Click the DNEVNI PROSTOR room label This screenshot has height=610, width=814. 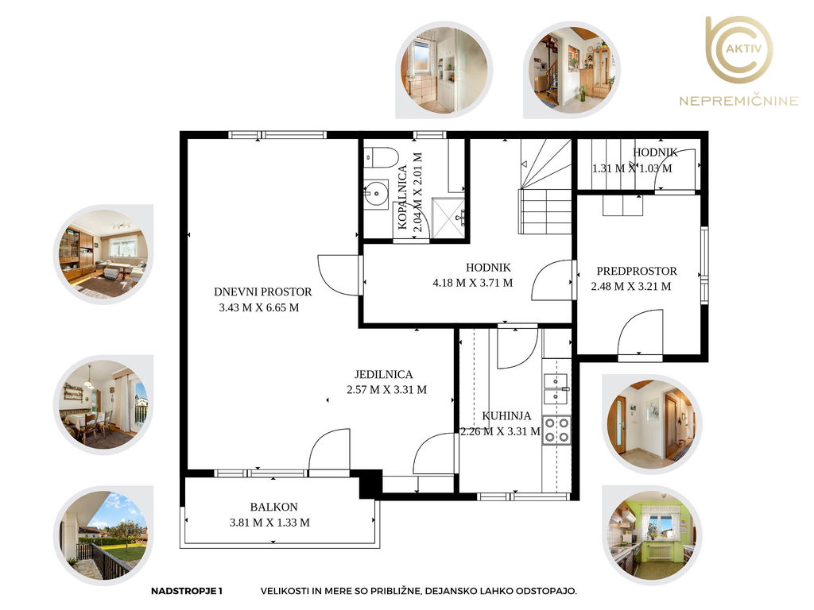tap(262, 291)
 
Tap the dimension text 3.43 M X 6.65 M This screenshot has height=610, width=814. tap(259, 307)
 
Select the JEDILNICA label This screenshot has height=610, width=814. tap(384, 374)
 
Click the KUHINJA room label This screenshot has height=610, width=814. tap(506, 415)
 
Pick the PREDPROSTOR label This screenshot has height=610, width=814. tap(637, 271)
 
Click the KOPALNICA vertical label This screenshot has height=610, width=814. tap(402, 197)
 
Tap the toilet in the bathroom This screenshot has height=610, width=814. tap(381, 157)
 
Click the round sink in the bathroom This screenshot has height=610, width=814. tap(376, 195)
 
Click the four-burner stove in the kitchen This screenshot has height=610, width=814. tap(556, 430)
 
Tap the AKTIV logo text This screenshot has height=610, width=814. tap(743, 48)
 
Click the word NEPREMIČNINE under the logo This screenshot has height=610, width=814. tap(738, 100)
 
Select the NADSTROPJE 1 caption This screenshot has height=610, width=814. tap(186, 591)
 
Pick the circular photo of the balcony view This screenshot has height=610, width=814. tap(104, 535)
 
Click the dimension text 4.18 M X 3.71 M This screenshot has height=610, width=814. tap(472, 283)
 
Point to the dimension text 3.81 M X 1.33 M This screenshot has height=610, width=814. tap(269, 523)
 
